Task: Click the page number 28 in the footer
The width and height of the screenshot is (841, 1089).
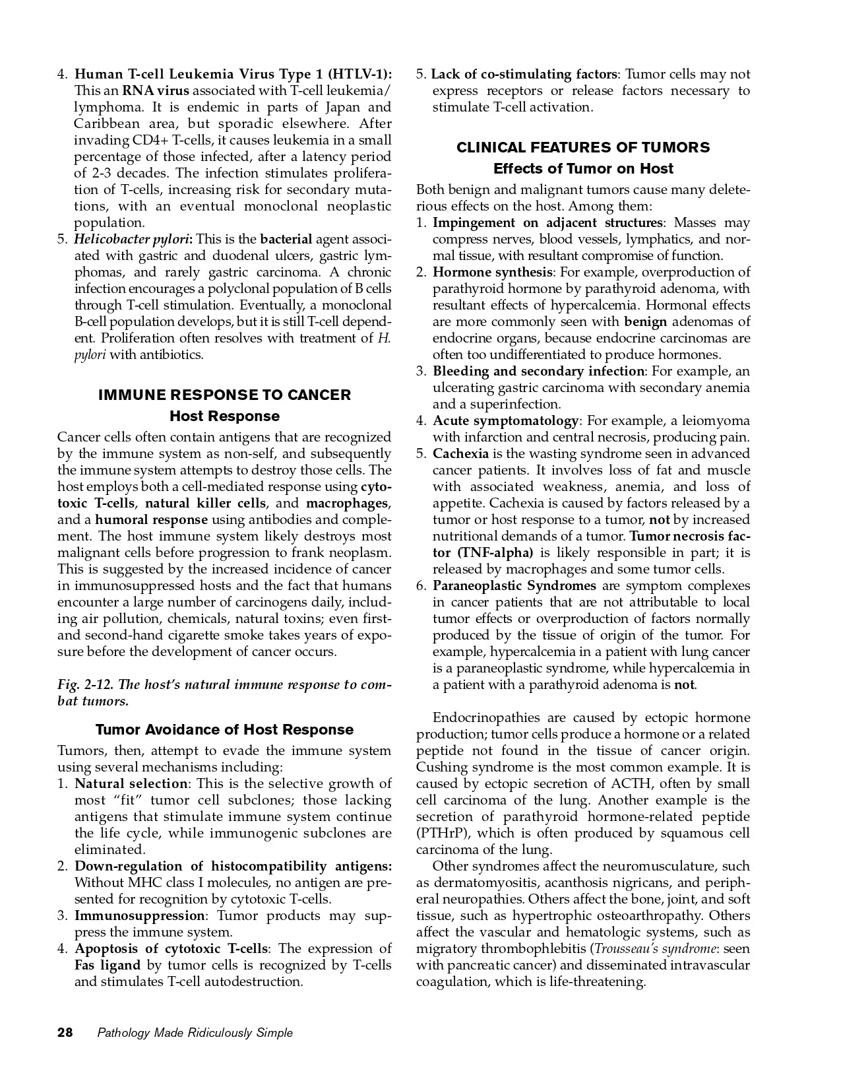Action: [65, 1033]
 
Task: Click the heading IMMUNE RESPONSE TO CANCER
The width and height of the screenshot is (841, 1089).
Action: [224, 395]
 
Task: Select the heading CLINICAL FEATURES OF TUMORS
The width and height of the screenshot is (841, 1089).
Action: [583, 147]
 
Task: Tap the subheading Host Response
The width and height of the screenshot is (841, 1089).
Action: [224, 416]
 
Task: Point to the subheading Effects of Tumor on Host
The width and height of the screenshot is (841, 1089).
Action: [583, 168]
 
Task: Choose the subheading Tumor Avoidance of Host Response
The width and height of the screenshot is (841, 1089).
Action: [224, 729]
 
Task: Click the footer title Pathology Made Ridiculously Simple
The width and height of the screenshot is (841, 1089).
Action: [195, 1033]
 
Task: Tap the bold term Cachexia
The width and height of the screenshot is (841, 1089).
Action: [460, 453]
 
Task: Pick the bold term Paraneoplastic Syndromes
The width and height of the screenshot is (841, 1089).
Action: [514, 585]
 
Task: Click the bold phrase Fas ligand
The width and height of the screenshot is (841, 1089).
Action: [108, 965]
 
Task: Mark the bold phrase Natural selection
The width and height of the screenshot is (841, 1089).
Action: [131, 783]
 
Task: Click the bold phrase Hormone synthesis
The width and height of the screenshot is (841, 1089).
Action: [492, 272]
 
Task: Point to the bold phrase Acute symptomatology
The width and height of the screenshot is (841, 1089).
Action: [505, 420]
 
